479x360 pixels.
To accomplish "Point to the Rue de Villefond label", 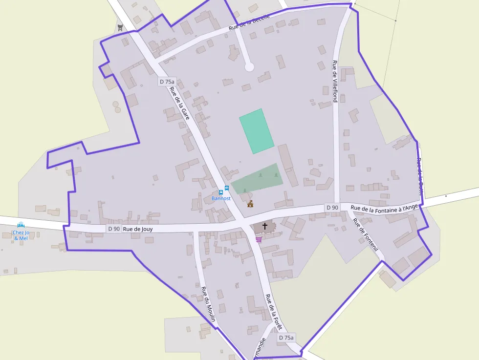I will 335,81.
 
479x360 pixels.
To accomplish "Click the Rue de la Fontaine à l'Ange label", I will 384,208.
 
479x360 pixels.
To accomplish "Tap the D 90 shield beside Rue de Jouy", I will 114,229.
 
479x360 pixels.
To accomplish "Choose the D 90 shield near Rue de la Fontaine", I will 332,208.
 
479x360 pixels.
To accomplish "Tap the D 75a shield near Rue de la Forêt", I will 286,338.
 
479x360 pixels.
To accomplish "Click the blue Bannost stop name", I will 221,198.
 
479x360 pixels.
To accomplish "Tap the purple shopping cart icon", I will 259,239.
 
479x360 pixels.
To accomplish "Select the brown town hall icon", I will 250,204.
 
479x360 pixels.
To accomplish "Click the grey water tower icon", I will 120,27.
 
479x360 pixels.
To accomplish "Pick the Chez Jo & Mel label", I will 21,235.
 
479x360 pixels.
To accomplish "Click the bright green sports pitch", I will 256,130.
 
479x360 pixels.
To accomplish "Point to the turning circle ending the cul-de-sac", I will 249,66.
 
